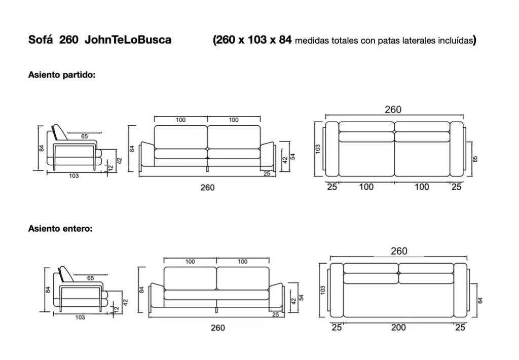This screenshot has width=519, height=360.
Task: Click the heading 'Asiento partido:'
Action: pos(61,75)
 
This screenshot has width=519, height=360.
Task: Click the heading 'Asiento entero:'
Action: pos(60,229)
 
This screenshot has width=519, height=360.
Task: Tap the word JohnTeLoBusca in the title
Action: pos(128,40)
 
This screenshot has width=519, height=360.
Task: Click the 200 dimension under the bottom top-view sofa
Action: pos(398,328)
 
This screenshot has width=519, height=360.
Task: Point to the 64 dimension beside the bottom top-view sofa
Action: pos(480,300)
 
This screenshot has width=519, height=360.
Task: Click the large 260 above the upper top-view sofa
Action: pos(393,110)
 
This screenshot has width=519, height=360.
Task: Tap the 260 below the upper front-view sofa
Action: pos(207,188)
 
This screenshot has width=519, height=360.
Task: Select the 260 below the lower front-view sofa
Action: pos(218,328)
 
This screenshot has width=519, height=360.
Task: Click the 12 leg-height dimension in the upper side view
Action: pos(111,168)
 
